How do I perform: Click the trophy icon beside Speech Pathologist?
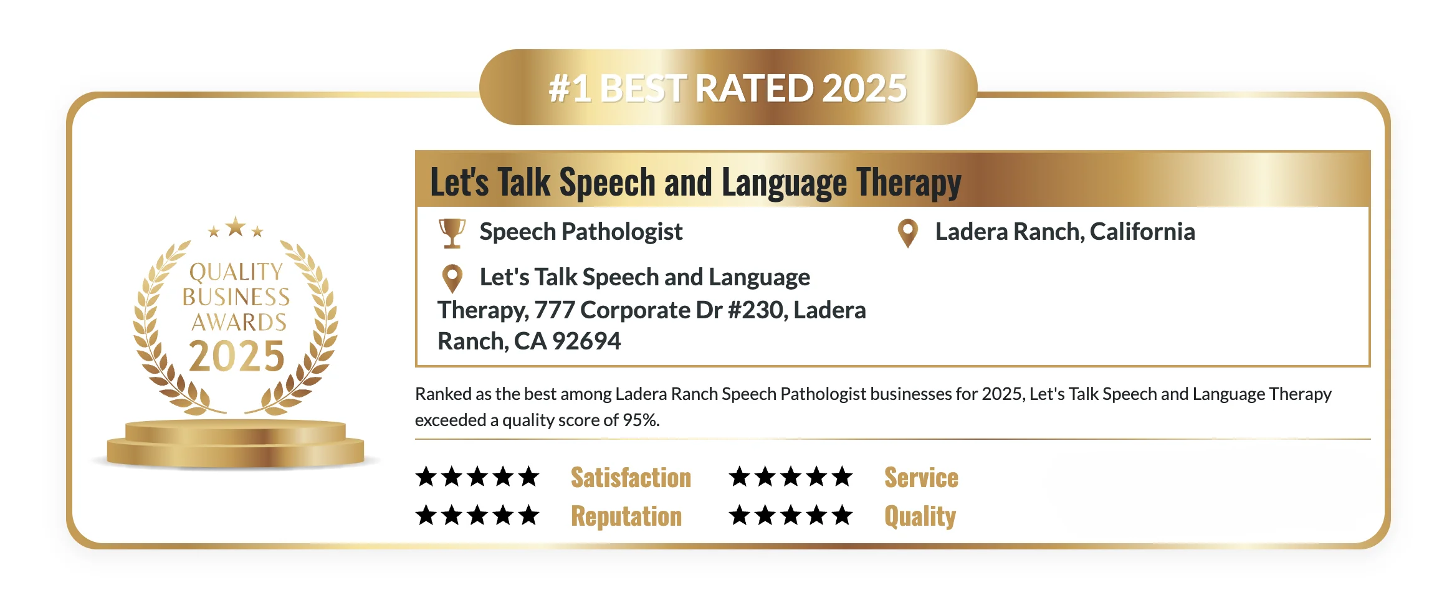point(452,233)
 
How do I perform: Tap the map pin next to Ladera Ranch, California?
point(908,233)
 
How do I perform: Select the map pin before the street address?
point(452,278)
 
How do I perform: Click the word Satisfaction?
point(631,478)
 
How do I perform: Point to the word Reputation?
point(626,516)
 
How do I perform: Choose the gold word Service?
point(921,478)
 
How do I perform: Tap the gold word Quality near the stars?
point(920,516)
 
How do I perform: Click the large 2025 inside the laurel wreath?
point(237,356)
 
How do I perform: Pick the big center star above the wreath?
point(236,227)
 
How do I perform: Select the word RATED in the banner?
point(753,88)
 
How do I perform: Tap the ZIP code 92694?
point(586,341)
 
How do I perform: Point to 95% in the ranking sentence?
point(639,420)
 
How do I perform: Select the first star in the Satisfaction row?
point(426,477)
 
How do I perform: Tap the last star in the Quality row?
point(842,515)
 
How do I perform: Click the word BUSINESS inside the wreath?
point(236,297)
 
